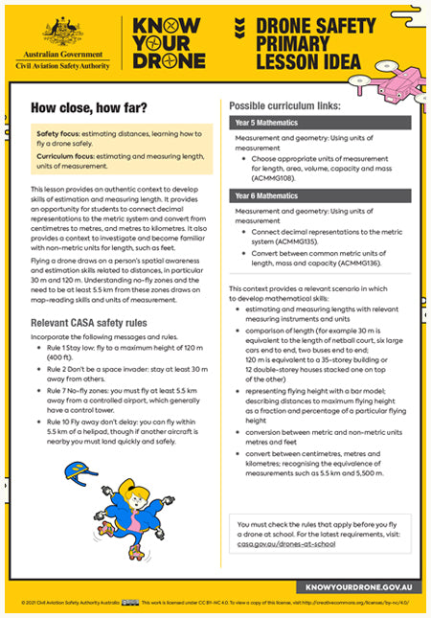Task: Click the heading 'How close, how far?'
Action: pyautogui.click(x=83, y=107)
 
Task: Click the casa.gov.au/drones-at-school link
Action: pyautogui.click(x=287, y=544)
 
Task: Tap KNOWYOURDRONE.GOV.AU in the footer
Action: pyautogui.click(x=359, y=584)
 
